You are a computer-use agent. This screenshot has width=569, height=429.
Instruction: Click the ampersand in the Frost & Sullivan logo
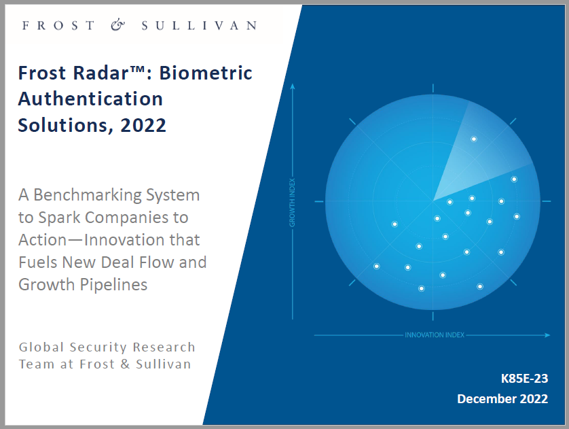pos(117,25)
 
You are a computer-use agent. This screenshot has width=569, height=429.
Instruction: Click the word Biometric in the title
pos(205,73)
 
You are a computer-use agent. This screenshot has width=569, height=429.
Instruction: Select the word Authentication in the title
pos(90,99)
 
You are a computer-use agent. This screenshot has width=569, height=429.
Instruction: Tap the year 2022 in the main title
pos(143,125)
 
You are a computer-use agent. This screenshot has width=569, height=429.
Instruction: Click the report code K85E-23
pos(524,379)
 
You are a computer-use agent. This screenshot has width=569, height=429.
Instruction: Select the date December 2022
pos(502,399)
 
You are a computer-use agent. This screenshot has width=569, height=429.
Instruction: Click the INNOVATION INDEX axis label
pos(435,335)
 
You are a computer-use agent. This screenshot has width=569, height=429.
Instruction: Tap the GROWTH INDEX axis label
pos(293,203)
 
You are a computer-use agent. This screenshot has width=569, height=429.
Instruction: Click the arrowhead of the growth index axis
pos(293,86)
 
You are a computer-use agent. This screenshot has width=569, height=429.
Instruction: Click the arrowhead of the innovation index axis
pos(547,335)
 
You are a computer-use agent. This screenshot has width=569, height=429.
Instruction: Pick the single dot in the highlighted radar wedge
pos(473,139)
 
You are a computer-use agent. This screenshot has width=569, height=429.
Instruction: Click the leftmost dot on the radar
pos(377,267)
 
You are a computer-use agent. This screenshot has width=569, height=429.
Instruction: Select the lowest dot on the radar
pos(421,289)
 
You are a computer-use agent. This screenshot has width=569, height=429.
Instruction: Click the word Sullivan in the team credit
pos(163,364)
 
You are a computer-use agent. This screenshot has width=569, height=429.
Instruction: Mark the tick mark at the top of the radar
pos(433,88)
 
